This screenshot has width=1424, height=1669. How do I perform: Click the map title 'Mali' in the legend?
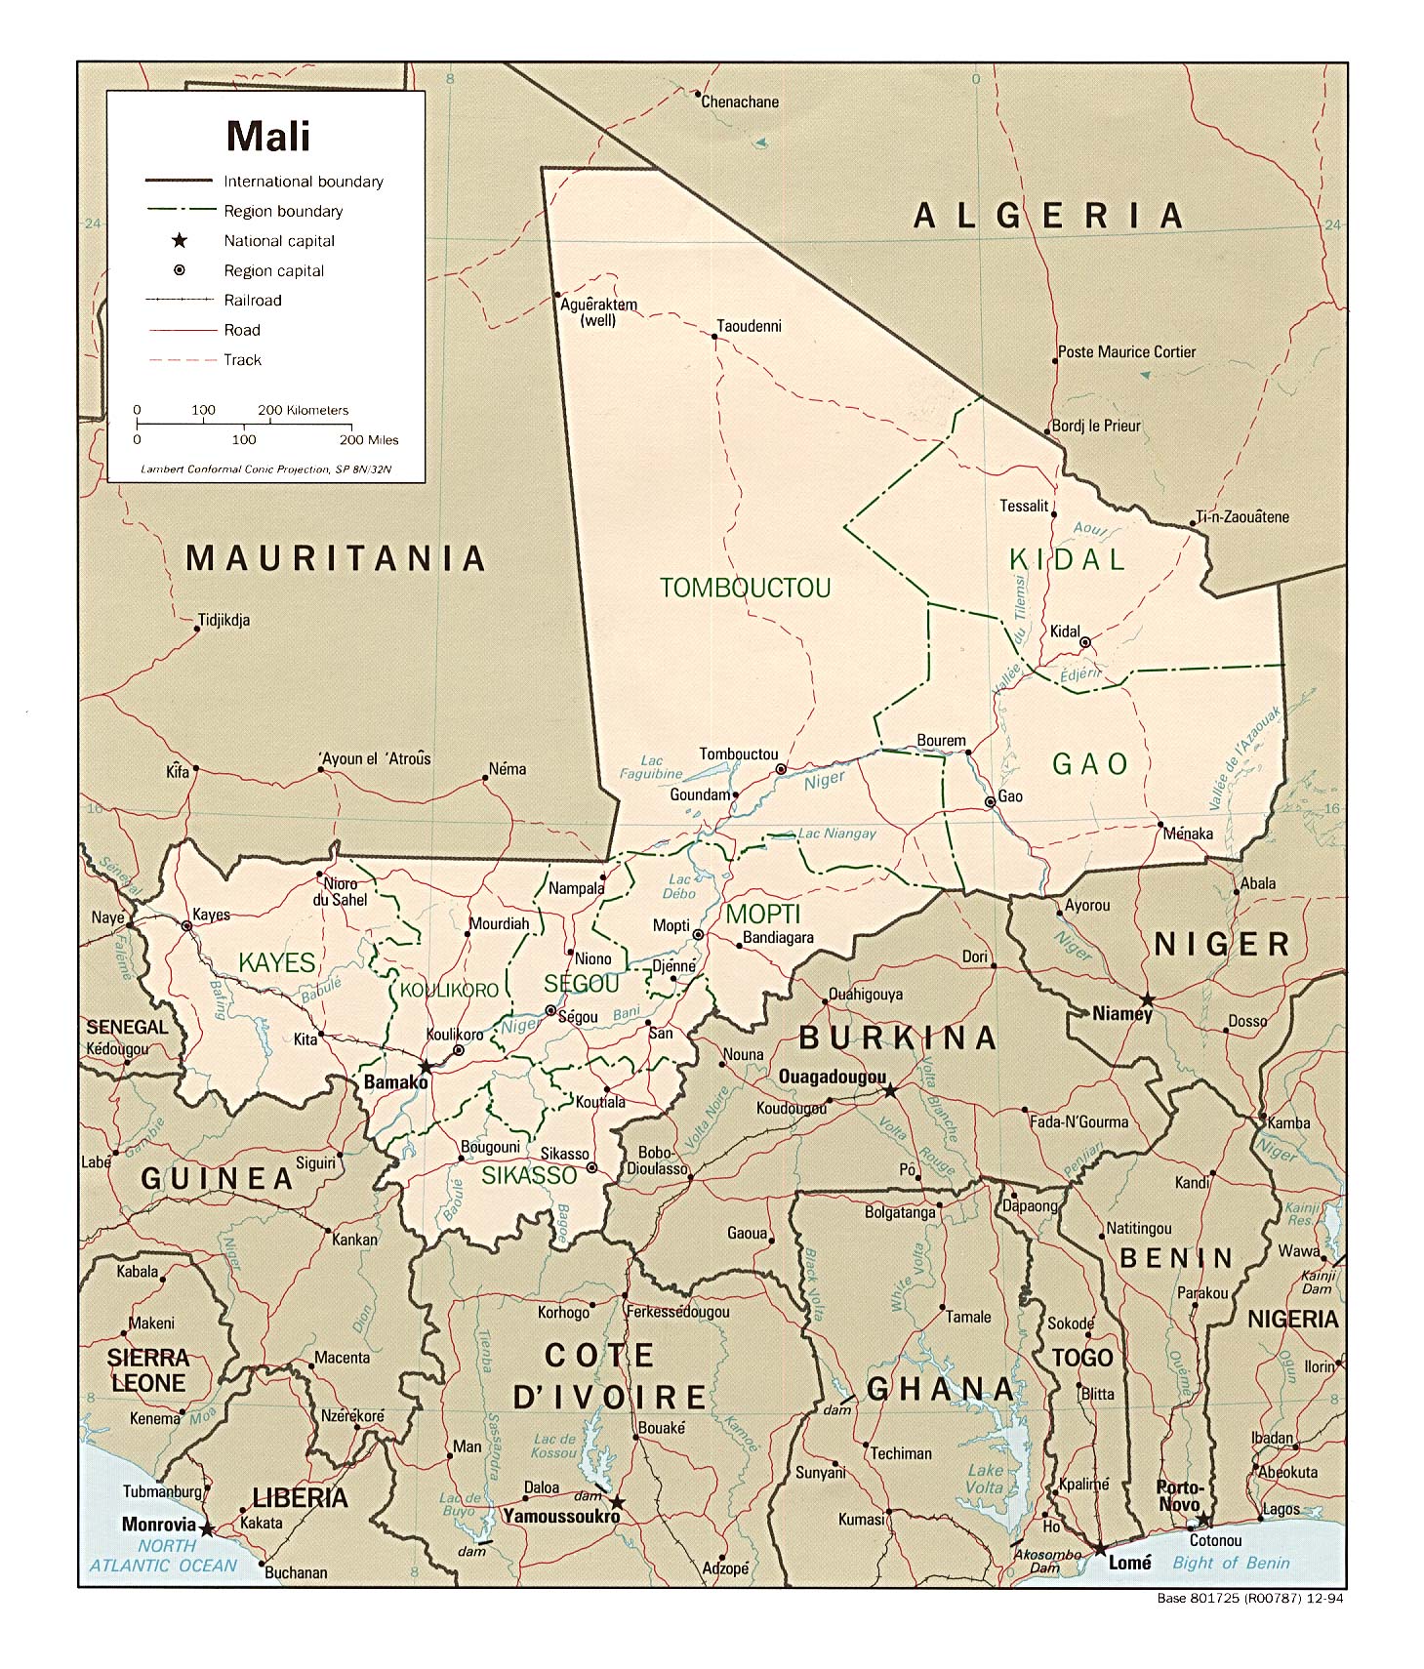(268, 136)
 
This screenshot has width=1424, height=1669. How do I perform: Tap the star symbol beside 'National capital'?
(180, 240)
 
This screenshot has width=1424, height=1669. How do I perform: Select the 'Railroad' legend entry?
(252, 300)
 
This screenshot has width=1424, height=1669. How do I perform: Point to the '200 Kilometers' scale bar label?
(303, 410)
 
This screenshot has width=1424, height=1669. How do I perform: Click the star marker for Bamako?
(427, 1067)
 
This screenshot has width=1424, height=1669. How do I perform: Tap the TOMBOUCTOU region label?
(745, 588)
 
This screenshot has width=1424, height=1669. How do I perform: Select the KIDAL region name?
(1068, 559)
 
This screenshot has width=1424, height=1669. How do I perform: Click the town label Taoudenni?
(749, 326)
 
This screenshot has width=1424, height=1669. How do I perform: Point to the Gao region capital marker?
(990, 801)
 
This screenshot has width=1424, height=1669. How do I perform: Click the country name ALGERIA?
(1048, 216)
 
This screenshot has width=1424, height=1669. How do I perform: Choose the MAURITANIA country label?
(336, 558)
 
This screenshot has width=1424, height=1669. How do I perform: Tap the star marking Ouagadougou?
(890, 1090)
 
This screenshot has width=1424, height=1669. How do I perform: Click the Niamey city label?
(1122, 1013)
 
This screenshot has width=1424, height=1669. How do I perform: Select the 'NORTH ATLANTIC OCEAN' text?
(163, 1556)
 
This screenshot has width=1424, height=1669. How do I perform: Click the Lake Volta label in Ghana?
(985, 1479)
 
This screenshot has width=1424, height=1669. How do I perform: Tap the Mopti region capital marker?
(698, 935)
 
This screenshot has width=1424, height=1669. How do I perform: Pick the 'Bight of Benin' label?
(1231, 1563)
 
